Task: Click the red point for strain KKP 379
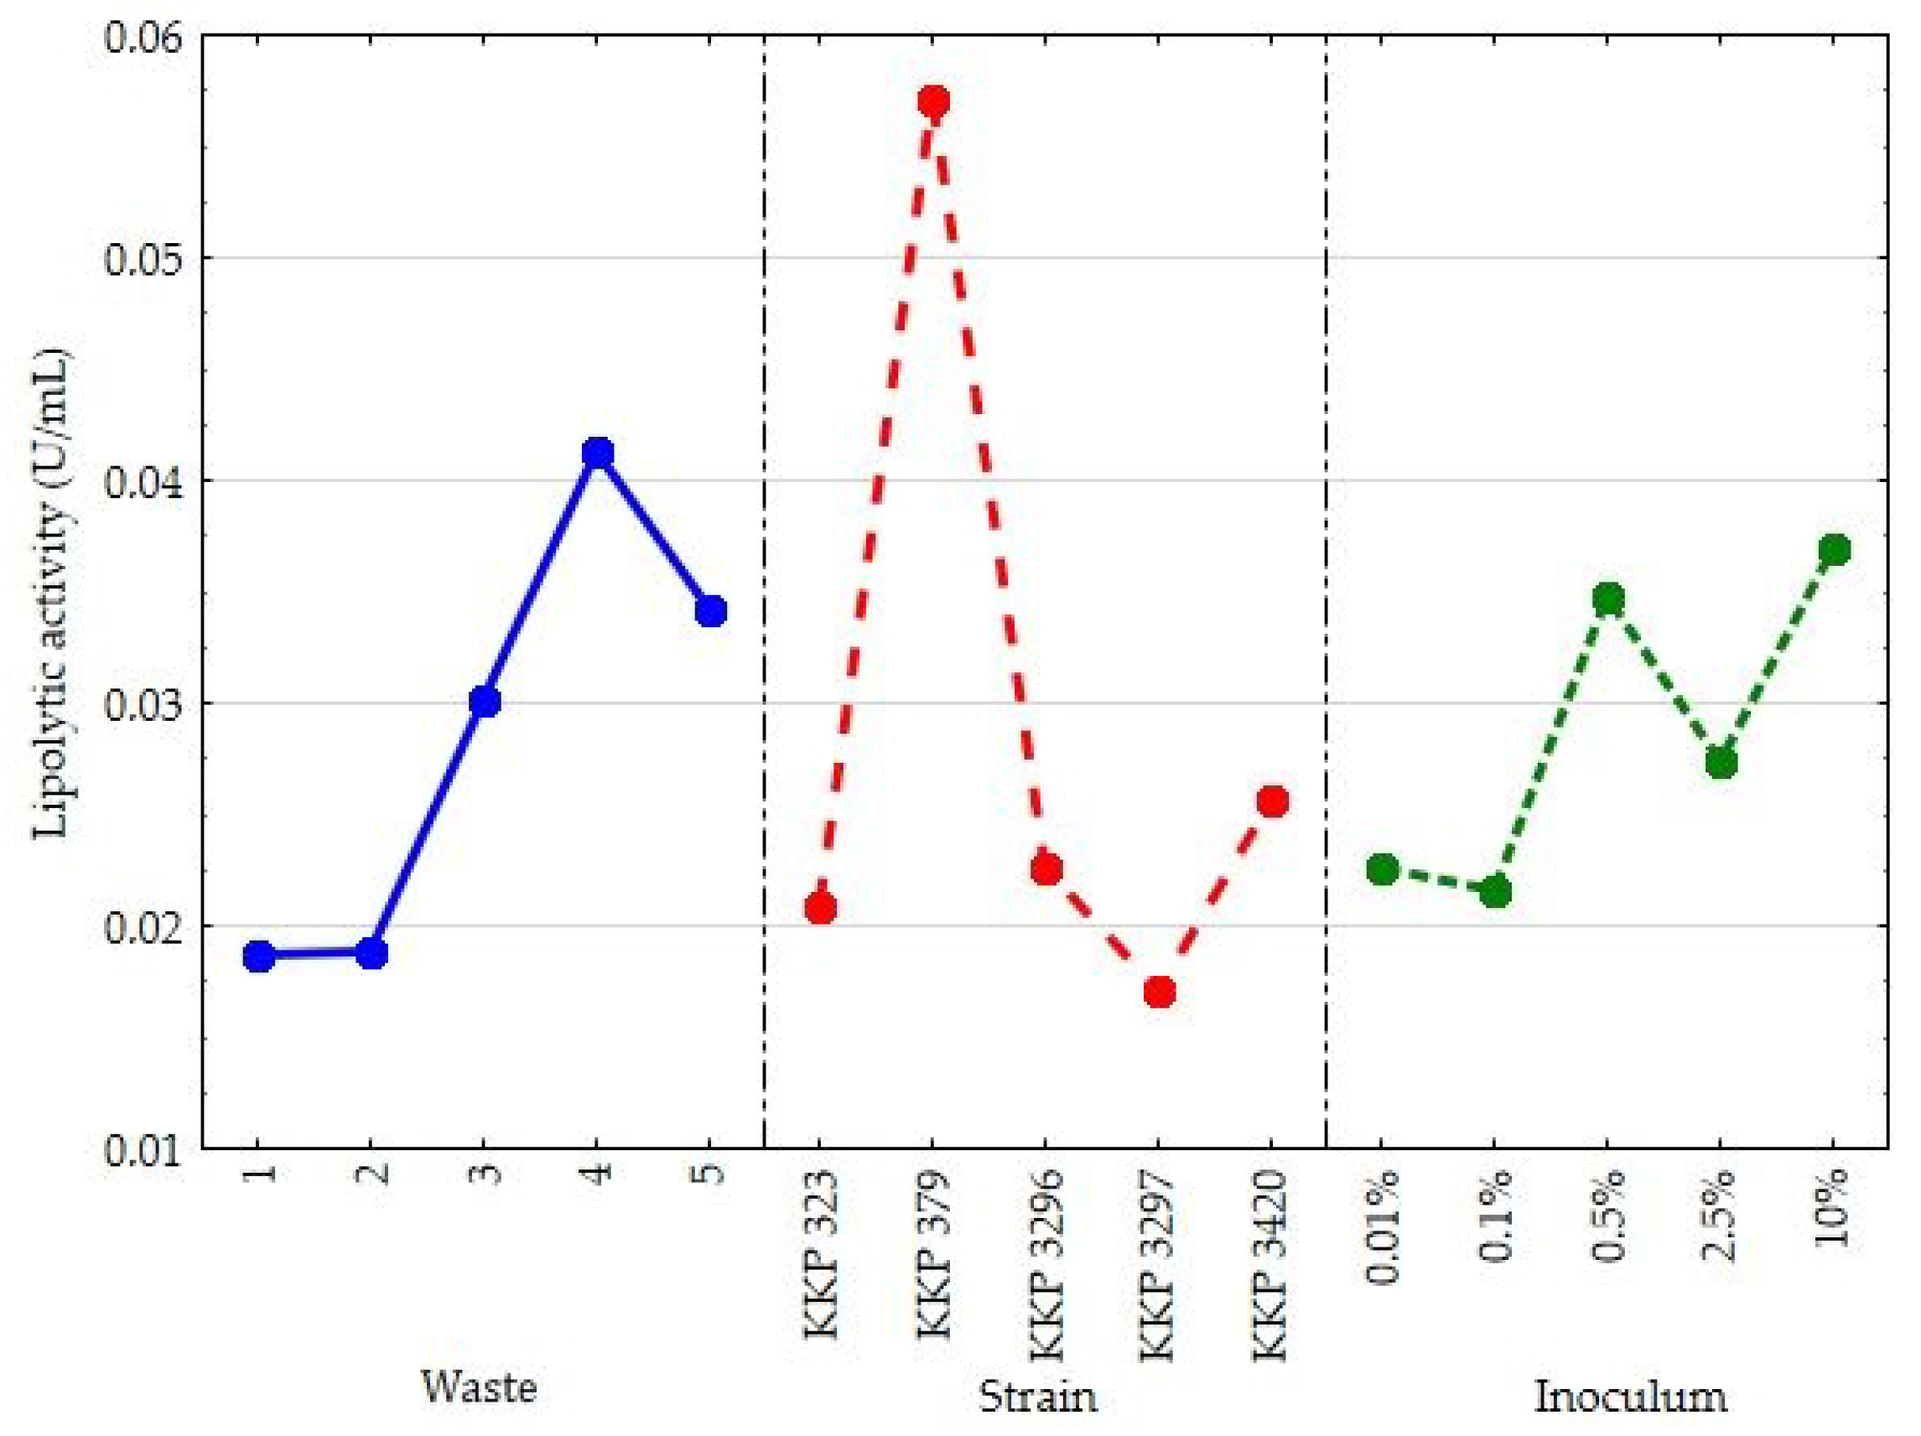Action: point(933,102)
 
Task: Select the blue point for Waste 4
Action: point(598,453)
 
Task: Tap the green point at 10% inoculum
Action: point(1833,550)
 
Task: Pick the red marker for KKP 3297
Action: point(1160,992)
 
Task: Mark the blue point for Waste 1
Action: point(259,956)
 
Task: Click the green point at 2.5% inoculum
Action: point(1721,763)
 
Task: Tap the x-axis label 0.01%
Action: point(1383,1226)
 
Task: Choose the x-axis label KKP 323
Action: point(821,1255)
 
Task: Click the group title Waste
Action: point(479,1387)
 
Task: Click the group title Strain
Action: point(1038,1397)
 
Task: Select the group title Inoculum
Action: point(1630,1397)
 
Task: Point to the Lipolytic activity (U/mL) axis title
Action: point(50,594)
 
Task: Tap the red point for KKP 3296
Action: point(1047,869)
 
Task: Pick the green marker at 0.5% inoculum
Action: point(1608,599)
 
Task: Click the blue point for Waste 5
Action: point(710,611)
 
